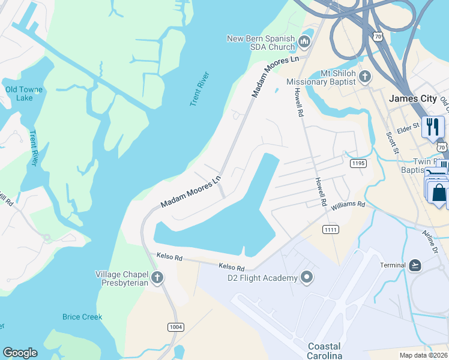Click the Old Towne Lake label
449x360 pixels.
click(x=24, y=94)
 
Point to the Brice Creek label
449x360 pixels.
click(x=82, y=317)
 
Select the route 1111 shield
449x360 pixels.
click(x=331, y=230)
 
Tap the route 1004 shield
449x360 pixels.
click(x=176, y=327)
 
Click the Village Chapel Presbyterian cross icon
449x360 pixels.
click(x=157, y=277)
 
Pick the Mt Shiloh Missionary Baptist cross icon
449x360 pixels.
click(x=365, y=77)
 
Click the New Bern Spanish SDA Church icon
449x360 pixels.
click(x=304, y=41)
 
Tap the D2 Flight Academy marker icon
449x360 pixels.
click(x=307, y=277)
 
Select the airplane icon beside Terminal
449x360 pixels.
click(x=415, y=265)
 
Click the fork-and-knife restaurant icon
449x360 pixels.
click(x=432, y=127)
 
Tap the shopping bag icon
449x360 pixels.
click(x=439, y=193)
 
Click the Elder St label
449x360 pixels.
click(x=408, y=127)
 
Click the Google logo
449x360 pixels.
click(x=20, y=353)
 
